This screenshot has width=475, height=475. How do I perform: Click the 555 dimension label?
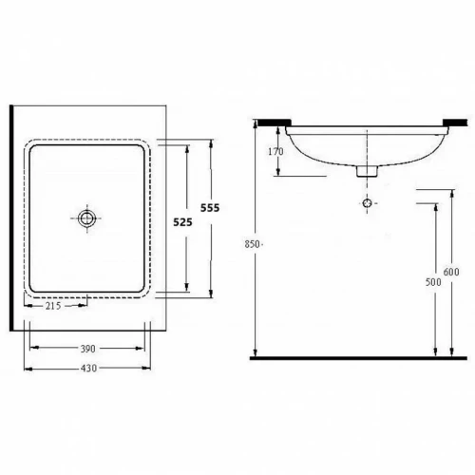[210, 208]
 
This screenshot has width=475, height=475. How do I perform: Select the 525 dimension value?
[182, 222]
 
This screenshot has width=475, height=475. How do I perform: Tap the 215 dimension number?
[53, 306]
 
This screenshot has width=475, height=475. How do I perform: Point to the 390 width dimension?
[87, 349]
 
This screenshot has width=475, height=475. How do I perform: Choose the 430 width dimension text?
[88, 369]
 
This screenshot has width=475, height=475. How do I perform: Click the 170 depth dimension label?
[275, 152]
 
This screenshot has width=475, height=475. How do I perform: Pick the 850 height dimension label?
[252, 244]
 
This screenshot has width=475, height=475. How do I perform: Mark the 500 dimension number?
[433, 282]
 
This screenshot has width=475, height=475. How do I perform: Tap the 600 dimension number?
[451, 272]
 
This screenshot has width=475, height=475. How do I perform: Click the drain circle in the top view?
[87, 218]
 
